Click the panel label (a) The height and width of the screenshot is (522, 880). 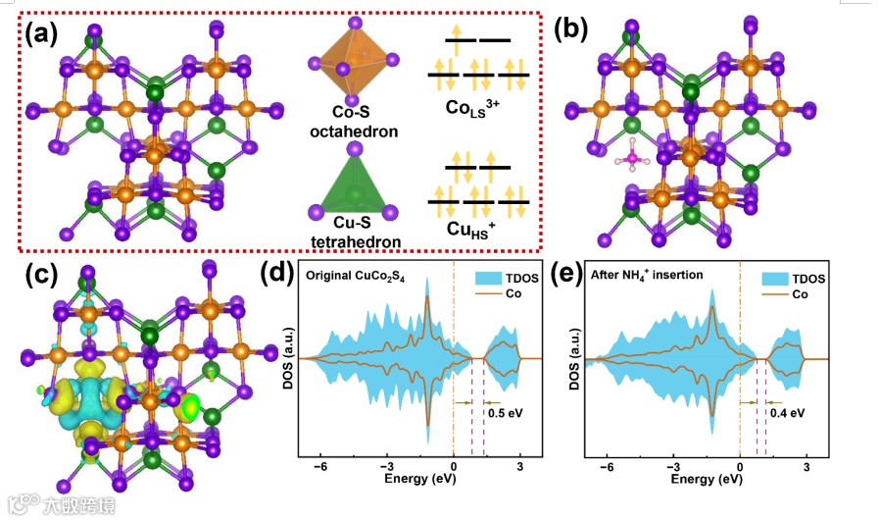click(44, 34)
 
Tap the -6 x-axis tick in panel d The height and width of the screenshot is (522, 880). click(319, 466)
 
